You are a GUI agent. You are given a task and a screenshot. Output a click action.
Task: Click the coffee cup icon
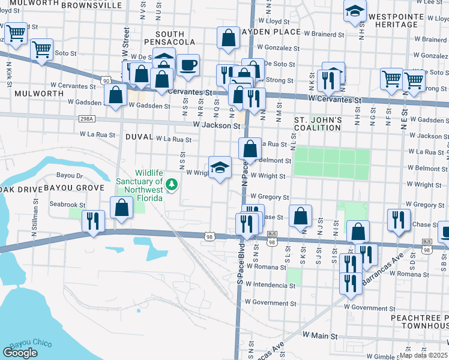[188, 65]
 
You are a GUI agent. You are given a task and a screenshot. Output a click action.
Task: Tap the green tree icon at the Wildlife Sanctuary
[172, 184]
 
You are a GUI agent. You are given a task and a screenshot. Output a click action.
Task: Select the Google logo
[20, 353]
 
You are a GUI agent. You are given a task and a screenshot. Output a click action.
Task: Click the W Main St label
[322, 335]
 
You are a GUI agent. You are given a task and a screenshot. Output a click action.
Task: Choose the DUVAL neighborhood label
[139, 137]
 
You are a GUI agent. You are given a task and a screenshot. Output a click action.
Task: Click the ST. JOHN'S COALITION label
[318, 124]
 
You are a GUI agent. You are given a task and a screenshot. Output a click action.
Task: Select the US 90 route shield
[106, 80]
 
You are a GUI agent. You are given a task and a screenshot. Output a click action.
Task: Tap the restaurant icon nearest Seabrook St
[93, 219]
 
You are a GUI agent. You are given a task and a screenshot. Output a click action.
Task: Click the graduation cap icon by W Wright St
[220, 167]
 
